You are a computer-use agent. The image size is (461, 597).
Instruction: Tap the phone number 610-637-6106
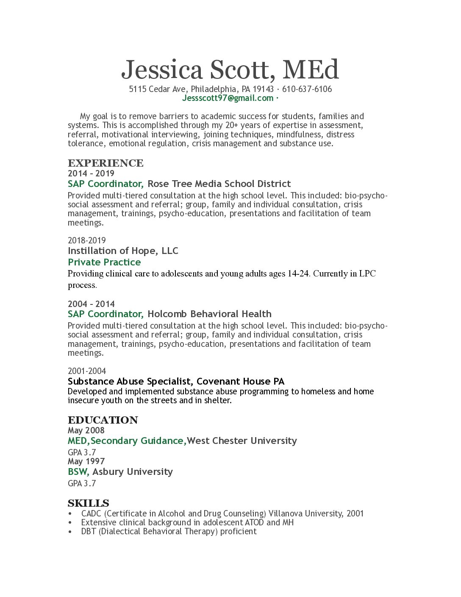pyautogui.click(x=307, y=89)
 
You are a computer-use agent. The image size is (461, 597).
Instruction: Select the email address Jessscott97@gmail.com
pyautogui.click(x=228, y=98)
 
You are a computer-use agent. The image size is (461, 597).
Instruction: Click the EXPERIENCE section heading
pyautogui.click(x=106, y=163)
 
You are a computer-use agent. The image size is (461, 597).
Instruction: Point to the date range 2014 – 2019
pyautogui.click(x=91, y=173)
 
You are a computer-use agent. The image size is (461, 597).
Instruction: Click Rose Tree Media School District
pyautogui.click(x=219, y=184)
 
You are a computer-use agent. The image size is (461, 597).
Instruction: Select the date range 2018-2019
pyautogui.click(x=87, y=240)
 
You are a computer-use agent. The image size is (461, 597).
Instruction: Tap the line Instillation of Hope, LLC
pyautogui.click(x=123, y=251)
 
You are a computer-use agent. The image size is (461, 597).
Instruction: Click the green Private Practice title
pyautogui.click(x=104, y=262)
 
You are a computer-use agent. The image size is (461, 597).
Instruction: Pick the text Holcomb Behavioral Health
pyautogui.click(x=209, y=314)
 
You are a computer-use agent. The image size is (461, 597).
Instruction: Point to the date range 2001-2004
pyautogui.click(x=87, y=371)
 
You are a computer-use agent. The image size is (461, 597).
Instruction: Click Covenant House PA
pyautogui.click(x=240, y=382)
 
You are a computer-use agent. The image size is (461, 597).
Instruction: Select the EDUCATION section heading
pyautogui.click(x=103, y=420)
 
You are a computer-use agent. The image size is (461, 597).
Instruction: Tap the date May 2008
pyautogui.click(x=86, y=430)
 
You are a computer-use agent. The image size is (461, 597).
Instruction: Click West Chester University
pyautogui.click(x=242, y=441)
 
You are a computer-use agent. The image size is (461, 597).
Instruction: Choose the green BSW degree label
pyautogui.click(x=78, y=472)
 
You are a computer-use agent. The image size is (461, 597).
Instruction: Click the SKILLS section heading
pyautogui.click(x=89, y=503)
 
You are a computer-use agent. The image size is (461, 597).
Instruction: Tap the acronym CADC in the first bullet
pyautogui.click(x=91, y=514)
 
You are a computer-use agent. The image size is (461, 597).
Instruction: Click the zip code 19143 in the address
pyautogui.click(x=263, y=89)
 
